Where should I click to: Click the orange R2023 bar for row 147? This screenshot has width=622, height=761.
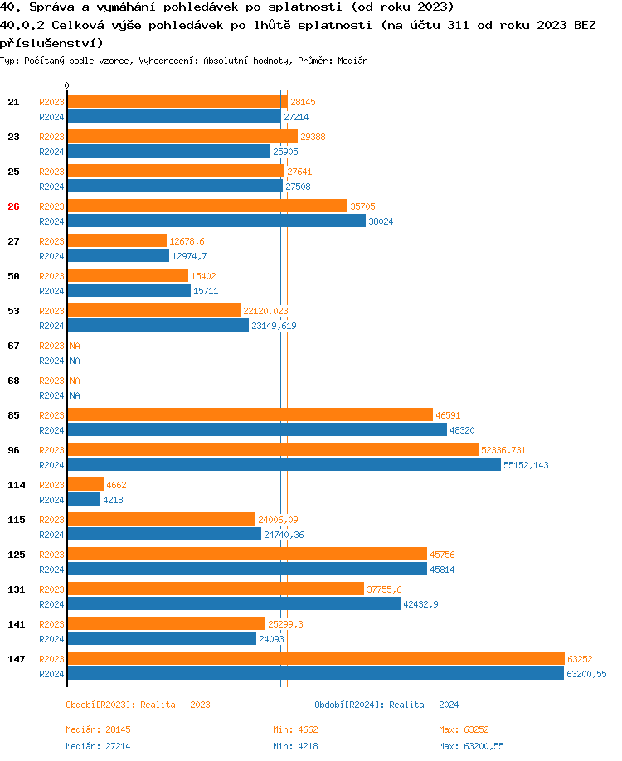(x=315, y=658)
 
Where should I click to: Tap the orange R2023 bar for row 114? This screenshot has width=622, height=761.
(x=85, y=484)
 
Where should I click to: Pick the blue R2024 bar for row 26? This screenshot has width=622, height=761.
(x=216, y=221)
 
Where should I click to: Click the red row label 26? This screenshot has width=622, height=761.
(x=13, y=206)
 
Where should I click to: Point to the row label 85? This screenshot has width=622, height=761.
(x=13, y=415)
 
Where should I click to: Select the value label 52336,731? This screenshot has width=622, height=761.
(x=503, y=450)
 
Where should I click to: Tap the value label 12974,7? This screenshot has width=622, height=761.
(x=190, y=256)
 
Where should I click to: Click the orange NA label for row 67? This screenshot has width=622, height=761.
(x=75, y=346)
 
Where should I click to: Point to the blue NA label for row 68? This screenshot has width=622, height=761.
(x=75, y=395)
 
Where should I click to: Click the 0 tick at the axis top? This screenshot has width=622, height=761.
(x=67, y=85)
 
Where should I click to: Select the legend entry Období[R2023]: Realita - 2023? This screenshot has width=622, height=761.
(x=138, y=705)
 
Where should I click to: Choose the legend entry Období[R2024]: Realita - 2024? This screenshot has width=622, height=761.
(x=386, y=705)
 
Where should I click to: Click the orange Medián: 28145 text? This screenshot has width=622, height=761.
(x=98, y=729)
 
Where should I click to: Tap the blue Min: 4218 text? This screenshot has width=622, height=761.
(x=295, y=746)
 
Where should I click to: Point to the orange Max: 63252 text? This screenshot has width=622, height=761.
(x=464, y=729)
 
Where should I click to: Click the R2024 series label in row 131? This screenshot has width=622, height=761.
(x=51, y=604)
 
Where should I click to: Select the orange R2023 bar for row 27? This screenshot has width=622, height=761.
(x=117, y=240)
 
